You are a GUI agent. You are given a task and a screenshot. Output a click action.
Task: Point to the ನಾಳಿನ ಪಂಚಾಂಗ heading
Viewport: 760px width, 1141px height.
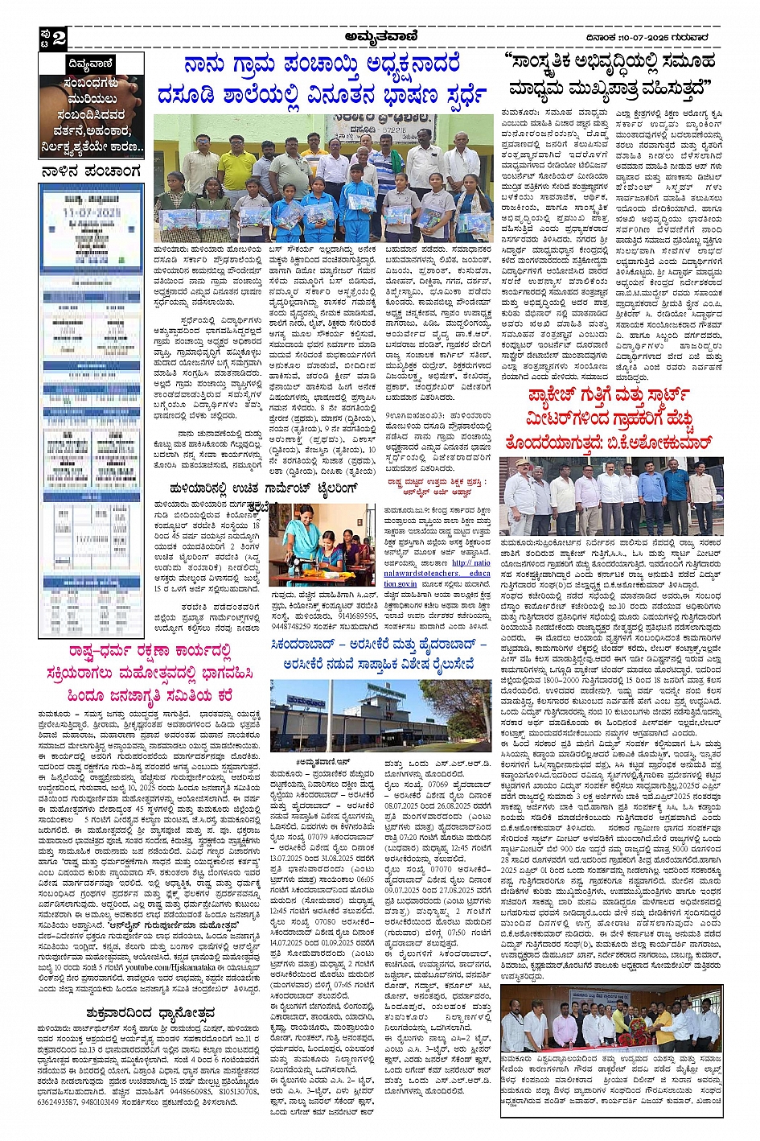pos(91,171)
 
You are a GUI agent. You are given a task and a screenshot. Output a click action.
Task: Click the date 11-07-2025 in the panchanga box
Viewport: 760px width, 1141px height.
pos(91,212)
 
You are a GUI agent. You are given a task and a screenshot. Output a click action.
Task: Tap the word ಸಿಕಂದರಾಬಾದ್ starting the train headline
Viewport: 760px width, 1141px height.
pos(313,645)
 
